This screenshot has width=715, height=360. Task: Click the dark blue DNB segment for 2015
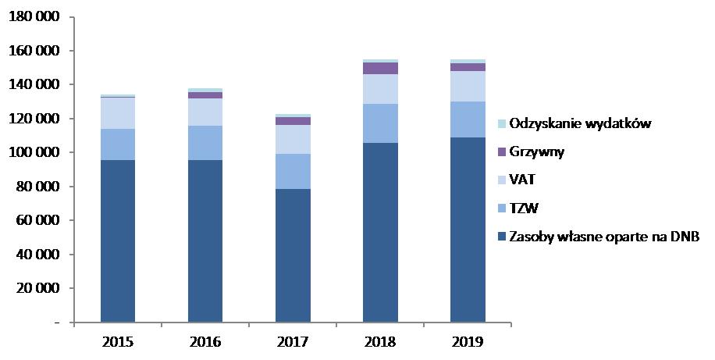(x=117, y=241)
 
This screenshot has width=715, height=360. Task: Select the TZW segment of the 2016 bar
(x=205, y=143)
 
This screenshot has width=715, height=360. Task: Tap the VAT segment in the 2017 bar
(x=293, y=139)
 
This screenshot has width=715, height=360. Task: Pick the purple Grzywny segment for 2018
(x=380, y=68)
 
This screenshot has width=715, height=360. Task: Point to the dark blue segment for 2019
(x=468, y=230)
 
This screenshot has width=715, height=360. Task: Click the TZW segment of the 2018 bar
(x=380, y=123)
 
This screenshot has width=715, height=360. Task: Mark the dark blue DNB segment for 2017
(x=293, y=255)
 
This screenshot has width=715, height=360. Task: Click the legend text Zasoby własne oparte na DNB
(x=603, y=236)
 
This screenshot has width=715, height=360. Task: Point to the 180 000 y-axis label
(x=37, y=17)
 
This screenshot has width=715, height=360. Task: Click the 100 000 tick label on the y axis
(x=37, y=152)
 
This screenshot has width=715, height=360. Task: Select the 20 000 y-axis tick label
(x=40, y=288)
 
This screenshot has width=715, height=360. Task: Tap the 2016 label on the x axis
(x=205, y=342)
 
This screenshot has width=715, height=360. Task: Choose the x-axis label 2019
(x=468, y=342)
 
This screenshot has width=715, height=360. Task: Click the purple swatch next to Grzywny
(x=502, y=151)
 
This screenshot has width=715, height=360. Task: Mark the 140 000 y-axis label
(x=37, y=85)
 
